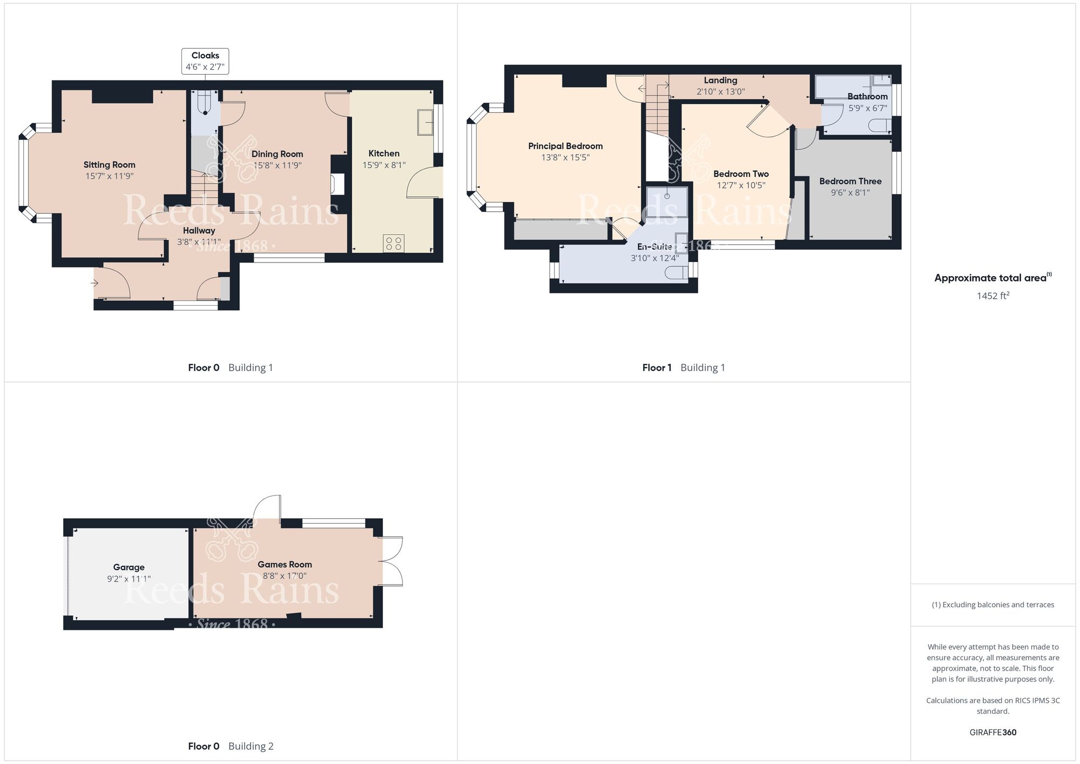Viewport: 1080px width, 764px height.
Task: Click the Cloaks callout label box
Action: (205, 61)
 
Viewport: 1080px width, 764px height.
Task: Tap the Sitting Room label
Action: (109, 165)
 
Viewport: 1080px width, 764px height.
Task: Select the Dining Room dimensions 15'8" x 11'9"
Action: (278, 165)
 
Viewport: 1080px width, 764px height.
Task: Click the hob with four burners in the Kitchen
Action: (394, 243)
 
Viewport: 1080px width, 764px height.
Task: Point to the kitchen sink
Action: (426, 123)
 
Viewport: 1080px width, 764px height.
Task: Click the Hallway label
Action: (199, 231)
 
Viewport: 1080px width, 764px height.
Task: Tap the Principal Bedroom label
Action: (565, 146)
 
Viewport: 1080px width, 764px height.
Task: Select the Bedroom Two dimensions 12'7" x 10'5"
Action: (741, 185)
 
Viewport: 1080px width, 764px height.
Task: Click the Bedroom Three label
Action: (850, 182)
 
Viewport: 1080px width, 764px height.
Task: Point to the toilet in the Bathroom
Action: (880, 126)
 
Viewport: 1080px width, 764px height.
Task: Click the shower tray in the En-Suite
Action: (667, 202)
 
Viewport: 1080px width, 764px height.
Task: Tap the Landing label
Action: (720, 81)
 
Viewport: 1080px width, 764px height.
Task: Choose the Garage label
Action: (129, 567)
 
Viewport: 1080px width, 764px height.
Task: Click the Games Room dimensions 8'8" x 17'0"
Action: (285, 576)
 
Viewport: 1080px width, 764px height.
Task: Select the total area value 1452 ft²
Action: (993, 296)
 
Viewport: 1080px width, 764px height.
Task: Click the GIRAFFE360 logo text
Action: (993, 733)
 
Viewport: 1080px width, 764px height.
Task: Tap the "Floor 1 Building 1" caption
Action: (684, 368)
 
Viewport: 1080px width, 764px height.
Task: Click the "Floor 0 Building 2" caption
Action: (231, 747)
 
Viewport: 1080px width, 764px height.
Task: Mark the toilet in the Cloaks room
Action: (205, 103)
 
